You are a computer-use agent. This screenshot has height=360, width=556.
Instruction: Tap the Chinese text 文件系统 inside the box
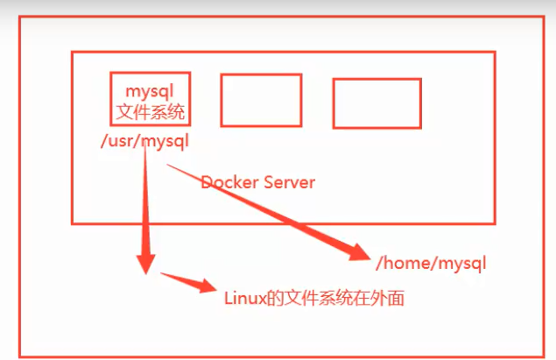151,111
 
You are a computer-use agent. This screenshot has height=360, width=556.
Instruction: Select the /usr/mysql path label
145,140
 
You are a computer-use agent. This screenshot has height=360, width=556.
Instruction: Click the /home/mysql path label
430,263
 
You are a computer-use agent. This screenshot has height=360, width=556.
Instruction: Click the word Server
289,183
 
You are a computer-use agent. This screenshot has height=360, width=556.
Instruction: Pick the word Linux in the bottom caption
244,299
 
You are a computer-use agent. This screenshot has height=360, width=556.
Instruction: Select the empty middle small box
261,100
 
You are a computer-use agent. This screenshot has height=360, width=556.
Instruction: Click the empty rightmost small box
377,103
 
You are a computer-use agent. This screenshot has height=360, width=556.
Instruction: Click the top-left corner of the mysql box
111,73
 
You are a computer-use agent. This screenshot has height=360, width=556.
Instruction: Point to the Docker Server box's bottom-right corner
495,223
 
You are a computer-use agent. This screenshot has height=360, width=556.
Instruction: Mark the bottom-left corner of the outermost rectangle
20,356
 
